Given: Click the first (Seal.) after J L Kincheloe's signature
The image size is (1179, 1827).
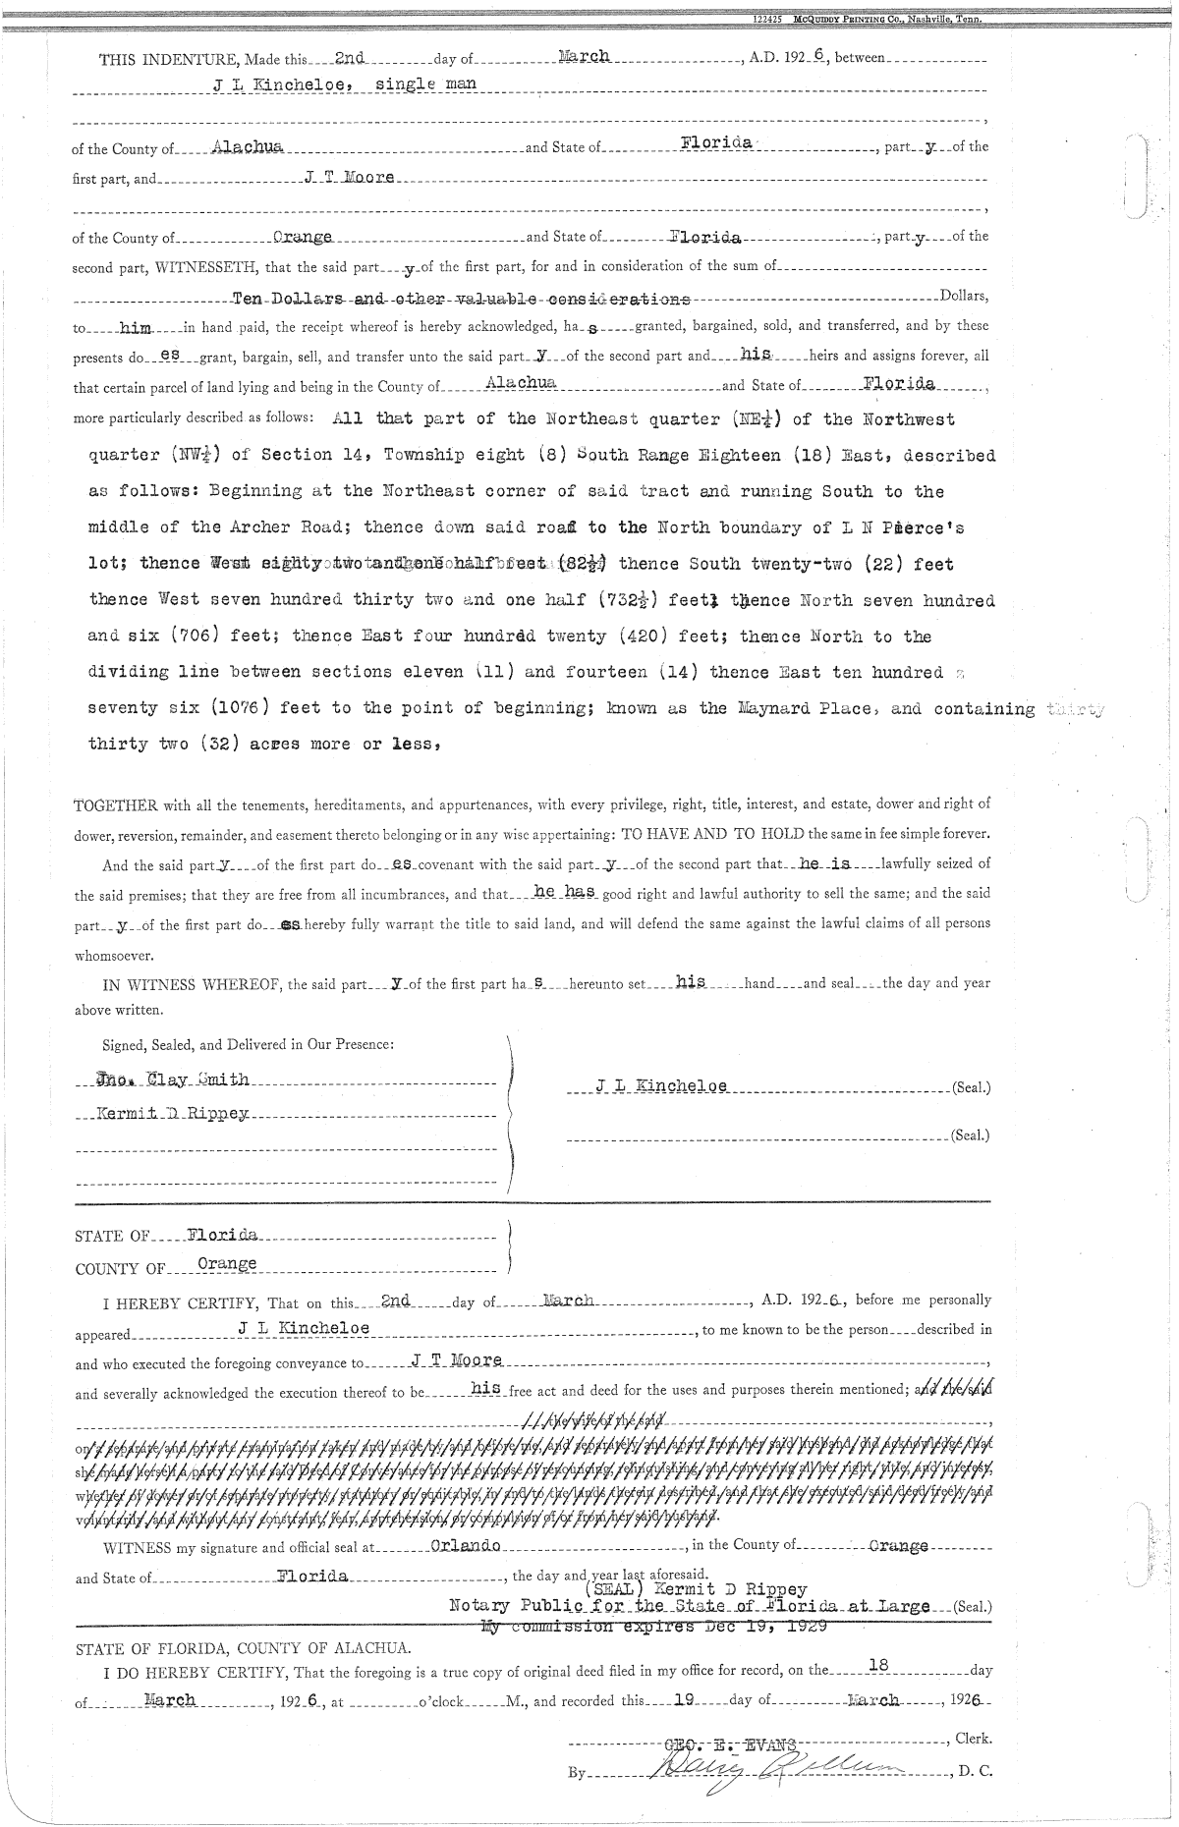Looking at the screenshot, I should [x=971, y=1088].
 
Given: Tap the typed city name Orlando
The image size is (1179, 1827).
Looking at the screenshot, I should [x=467, y=1545].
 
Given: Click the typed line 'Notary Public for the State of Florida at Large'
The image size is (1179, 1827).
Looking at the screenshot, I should [x=688, y=1607].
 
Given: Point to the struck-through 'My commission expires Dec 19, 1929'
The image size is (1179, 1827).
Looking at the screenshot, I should [x=653, y=1626].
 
